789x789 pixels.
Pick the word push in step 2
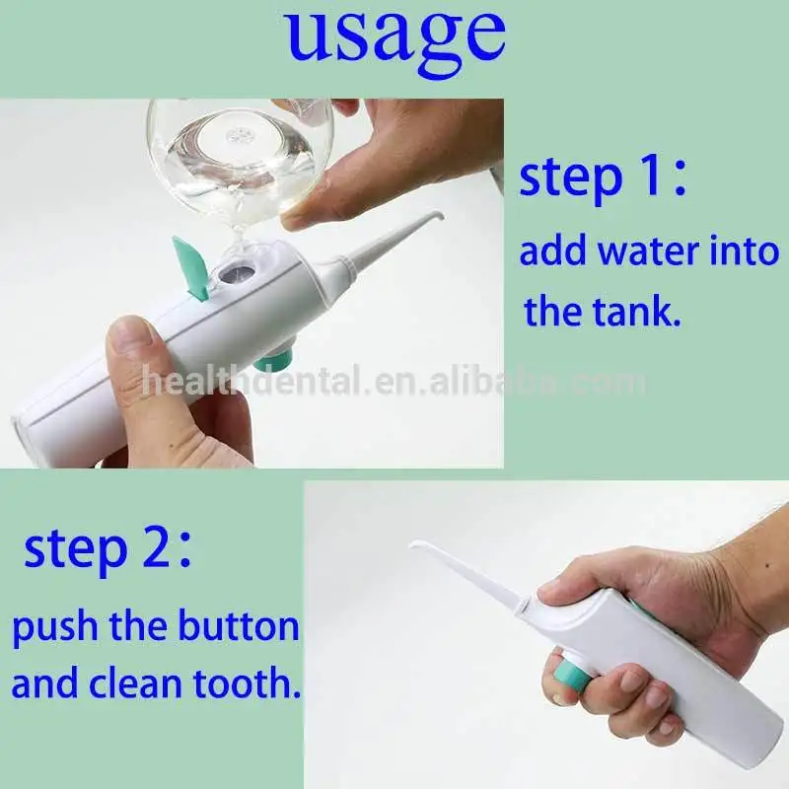[49, 628]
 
